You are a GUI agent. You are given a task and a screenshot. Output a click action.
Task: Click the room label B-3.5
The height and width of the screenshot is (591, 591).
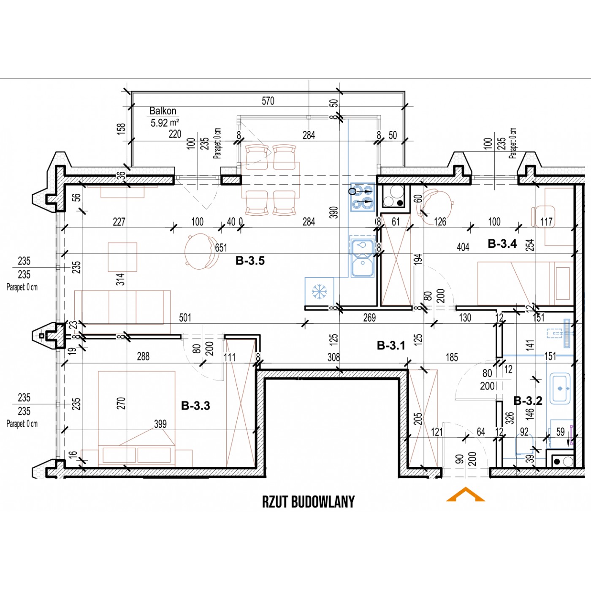250,261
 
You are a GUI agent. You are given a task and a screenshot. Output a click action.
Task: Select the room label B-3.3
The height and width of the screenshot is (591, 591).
195,406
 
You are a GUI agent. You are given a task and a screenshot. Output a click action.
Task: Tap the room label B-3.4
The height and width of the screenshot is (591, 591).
502,244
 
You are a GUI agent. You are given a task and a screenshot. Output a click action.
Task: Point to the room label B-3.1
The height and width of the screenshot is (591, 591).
391,346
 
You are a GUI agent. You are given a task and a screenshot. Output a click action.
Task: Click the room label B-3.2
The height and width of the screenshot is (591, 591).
528,401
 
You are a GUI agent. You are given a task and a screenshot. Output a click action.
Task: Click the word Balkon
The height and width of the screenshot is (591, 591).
163,111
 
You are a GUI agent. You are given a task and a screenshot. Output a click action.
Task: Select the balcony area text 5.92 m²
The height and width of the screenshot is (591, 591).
165,123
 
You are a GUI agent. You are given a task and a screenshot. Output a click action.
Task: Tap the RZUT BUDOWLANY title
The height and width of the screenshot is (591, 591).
308,502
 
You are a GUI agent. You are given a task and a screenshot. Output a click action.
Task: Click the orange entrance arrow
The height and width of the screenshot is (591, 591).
465,494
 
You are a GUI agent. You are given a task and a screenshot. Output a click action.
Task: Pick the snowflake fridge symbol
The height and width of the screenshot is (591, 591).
320,291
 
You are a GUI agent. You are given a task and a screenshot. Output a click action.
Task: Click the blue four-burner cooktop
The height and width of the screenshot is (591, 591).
363,197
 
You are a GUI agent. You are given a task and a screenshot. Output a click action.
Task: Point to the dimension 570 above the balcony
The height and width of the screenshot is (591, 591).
268,101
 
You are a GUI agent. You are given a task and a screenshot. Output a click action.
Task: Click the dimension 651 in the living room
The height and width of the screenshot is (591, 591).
221,248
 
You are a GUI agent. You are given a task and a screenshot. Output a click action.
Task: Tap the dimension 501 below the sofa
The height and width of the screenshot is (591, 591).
185,317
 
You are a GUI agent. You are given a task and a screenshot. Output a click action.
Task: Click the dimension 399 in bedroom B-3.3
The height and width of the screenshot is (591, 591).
160,424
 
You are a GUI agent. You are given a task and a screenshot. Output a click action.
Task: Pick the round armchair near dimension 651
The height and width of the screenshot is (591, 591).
200,252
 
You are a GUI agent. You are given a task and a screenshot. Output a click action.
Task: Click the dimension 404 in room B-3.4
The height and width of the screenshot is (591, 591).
463,247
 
